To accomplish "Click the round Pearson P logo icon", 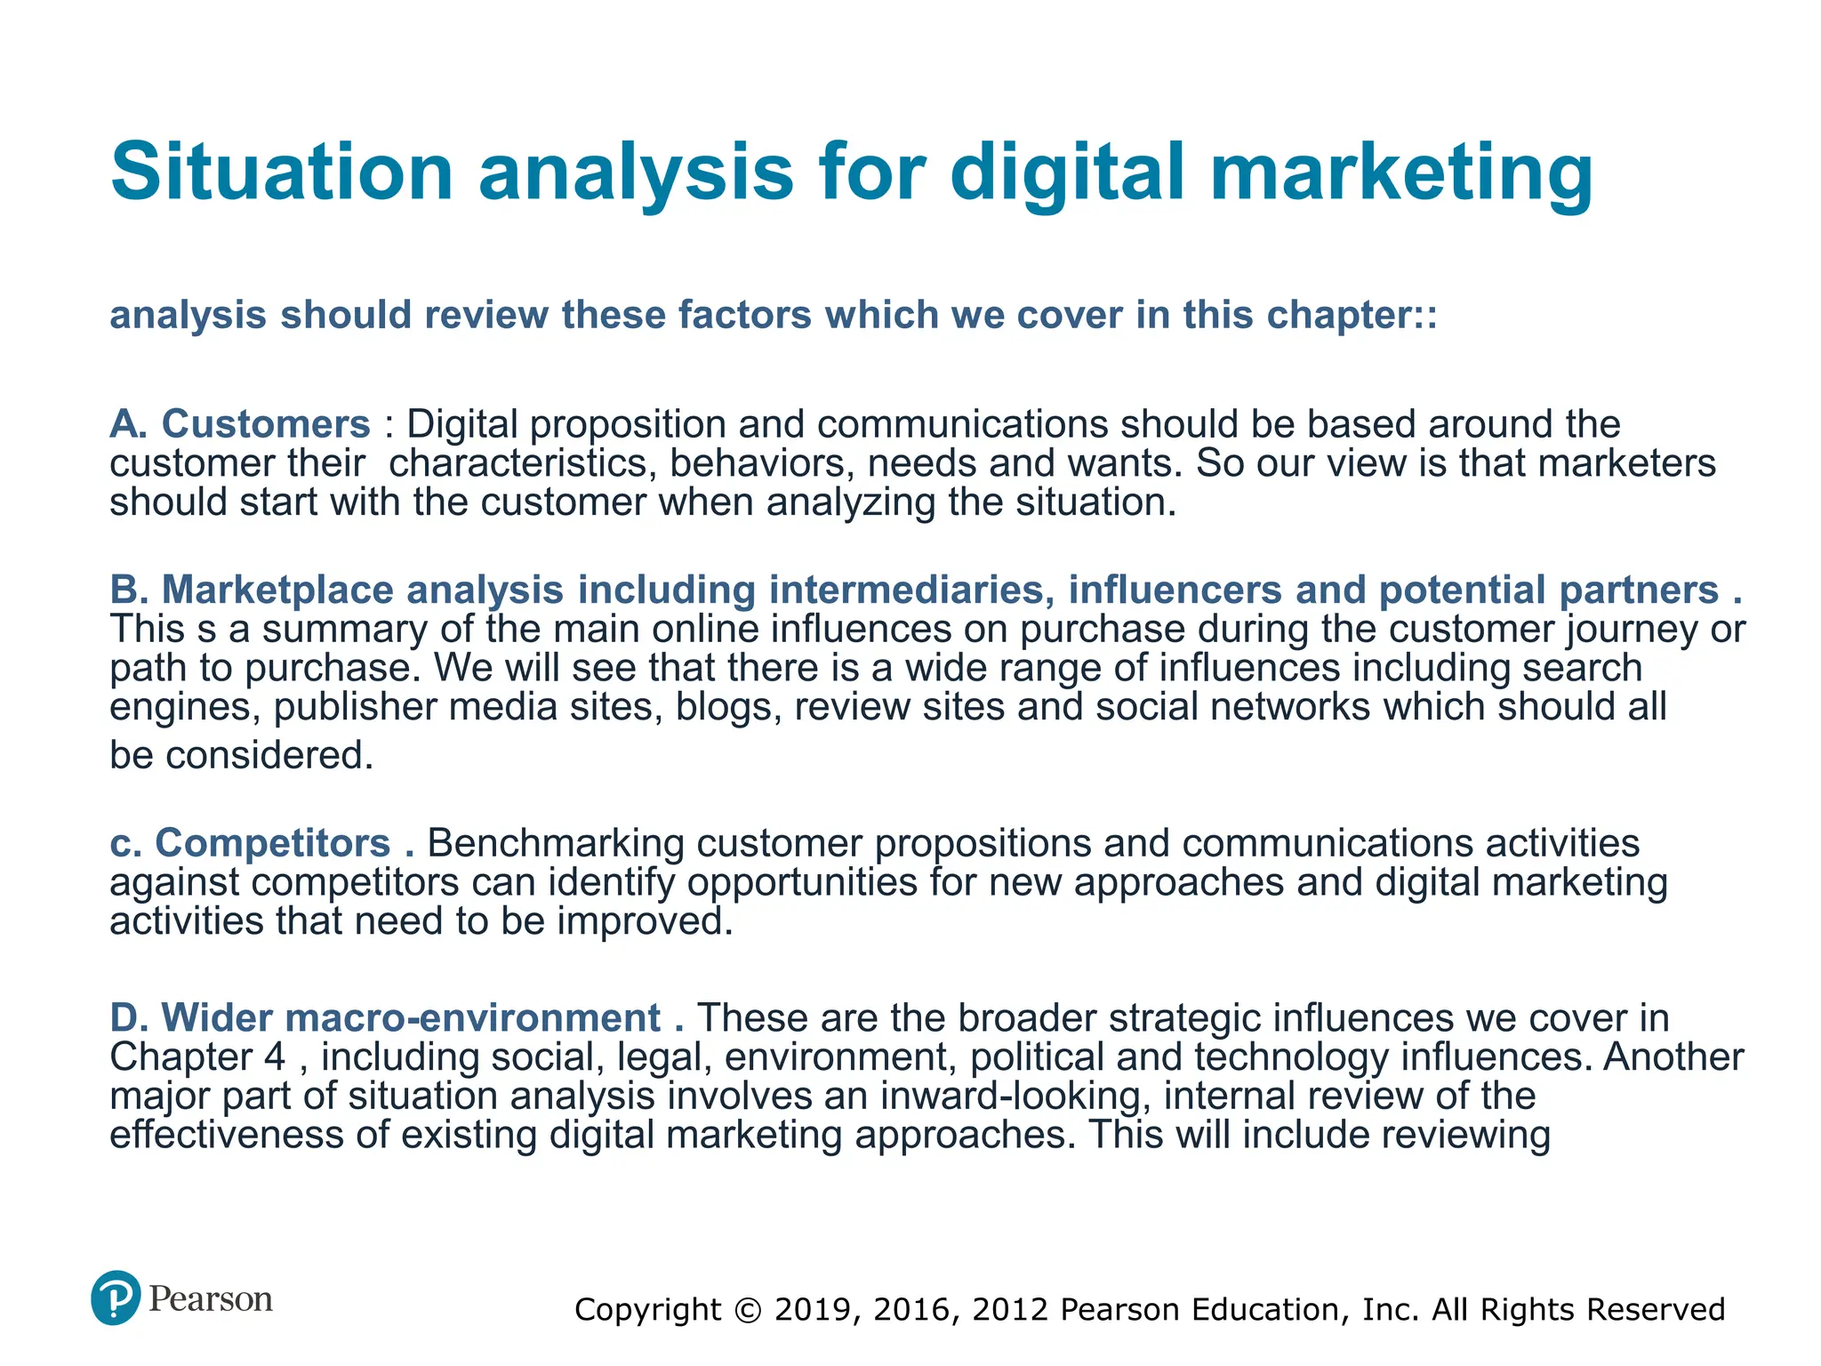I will point(116,1298).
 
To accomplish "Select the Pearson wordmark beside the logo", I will point(211,1299).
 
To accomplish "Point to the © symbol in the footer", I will point(749,1310).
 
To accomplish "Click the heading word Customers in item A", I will point(266,424).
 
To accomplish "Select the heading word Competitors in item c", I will point(273,843).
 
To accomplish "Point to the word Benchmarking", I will point(556,843).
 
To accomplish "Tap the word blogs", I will point(728,707).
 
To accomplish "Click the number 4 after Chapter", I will point(275,1057).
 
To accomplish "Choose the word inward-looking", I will point(1010,1097).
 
